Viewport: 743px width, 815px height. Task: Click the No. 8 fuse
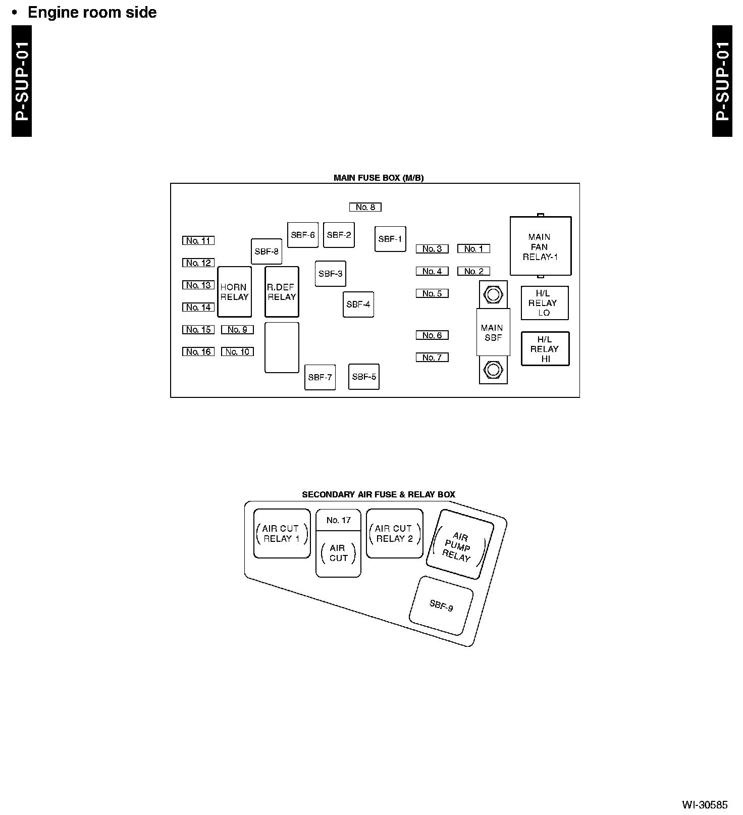coord(365,207)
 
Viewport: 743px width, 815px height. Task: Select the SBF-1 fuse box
coord(390,239)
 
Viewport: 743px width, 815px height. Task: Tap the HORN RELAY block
coord(234,292)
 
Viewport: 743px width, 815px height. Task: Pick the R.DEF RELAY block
coord(282,292)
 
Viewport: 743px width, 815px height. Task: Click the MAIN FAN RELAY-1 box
coord(540,246)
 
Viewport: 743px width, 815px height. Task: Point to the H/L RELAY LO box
coord(544,303)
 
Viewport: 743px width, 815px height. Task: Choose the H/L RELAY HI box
coord(545,349)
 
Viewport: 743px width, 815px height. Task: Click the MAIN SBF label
coord(493,333)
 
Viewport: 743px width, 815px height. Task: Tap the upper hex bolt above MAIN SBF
coord(493,294)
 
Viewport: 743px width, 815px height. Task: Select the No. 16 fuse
coord(198,352)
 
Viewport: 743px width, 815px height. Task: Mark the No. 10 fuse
coord(237,352)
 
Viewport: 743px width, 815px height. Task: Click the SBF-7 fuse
coord(320,377)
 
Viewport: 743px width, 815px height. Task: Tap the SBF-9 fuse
coord(441,605)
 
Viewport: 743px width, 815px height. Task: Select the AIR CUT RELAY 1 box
coord(282,534)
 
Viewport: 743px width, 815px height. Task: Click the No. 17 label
coord(338,520)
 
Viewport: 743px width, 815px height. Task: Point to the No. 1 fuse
coord(473,249)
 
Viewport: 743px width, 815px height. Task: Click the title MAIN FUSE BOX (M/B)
coord(379,178)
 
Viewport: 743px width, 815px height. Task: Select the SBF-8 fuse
coord(267,251)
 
